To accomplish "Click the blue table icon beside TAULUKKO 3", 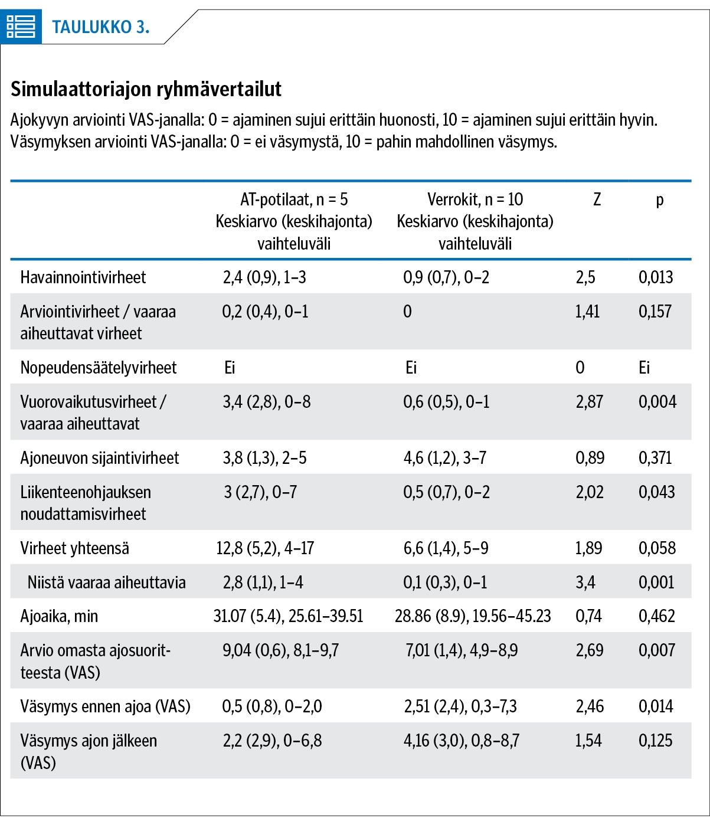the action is point(21,27).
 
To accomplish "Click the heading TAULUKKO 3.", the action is point(101,27).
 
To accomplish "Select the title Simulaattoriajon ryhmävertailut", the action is point(146,89).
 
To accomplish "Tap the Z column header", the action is point(597,199).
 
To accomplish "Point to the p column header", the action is point(660,200).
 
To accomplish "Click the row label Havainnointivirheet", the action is point(83,277).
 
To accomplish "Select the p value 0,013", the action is point(656,277).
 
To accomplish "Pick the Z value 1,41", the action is point(587,312).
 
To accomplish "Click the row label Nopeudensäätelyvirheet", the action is point(99,368).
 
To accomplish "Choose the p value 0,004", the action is point(657,402).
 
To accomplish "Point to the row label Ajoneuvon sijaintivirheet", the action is point(100,458).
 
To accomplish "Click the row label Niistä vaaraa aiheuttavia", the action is point(106,583).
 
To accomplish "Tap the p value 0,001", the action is point(656,583).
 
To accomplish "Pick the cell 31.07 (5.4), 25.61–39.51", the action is point(288,616).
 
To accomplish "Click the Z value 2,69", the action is point(589,650).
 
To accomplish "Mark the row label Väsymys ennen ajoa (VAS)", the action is point(105,707).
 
